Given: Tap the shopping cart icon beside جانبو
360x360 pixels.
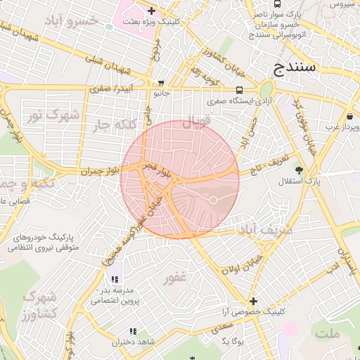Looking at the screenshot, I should [x=160, y=82].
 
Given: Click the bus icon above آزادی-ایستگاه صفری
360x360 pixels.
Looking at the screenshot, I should [x=240, y=91].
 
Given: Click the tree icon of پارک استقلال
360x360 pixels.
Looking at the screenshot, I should [x=300, y=169].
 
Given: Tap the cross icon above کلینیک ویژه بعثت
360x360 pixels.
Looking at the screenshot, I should [x=151, y=11].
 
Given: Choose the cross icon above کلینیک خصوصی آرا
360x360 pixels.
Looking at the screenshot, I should [x=253, y=301].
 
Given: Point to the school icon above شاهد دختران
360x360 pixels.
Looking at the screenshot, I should [x=131, y=331].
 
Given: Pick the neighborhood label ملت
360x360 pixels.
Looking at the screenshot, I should [x=328, y=333].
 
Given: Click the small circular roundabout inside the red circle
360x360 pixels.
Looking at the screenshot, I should [x=212, y=202].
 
